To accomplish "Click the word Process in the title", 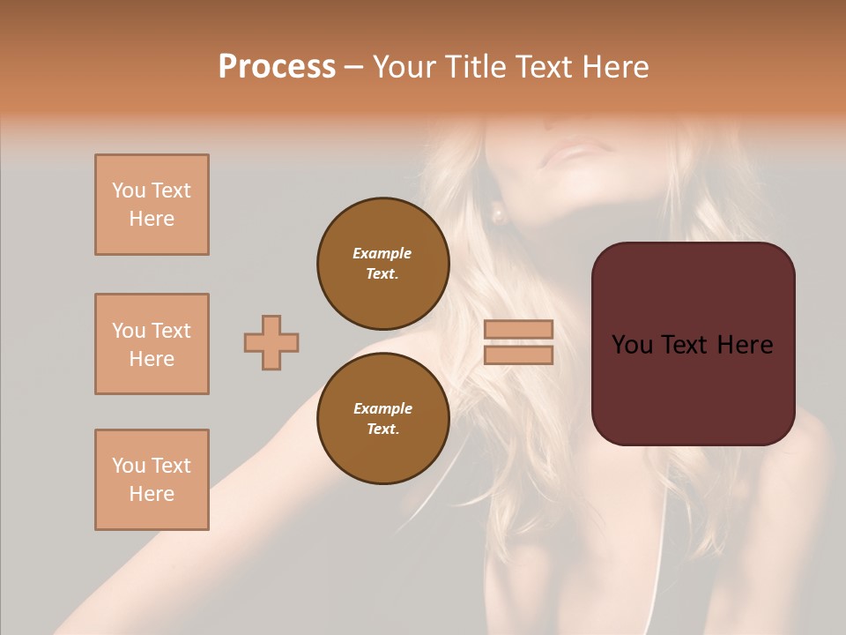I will click(277, 66).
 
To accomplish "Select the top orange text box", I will click(152, 205).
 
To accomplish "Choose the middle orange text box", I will click(152, 344).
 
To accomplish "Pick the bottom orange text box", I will click(152, 480).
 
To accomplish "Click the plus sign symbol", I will click(271, 342).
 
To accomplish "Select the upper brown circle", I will click(382, 263).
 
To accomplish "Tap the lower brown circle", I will click(382, 418).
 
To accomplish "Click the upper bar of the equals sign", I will click(519, 329).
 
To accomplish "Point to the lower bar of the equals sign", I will click(519, 355).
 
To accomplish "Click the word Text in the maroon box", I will click(687, 345).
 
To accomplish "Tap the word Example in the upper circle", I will click(382, 253).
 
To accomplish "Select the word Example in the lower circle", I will click(382, 408).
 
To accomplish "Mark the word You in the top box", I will click(128, 190).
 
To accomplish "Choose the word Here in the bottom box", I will click(152, 494).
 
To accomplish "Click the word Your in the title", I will click(404, 66).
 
